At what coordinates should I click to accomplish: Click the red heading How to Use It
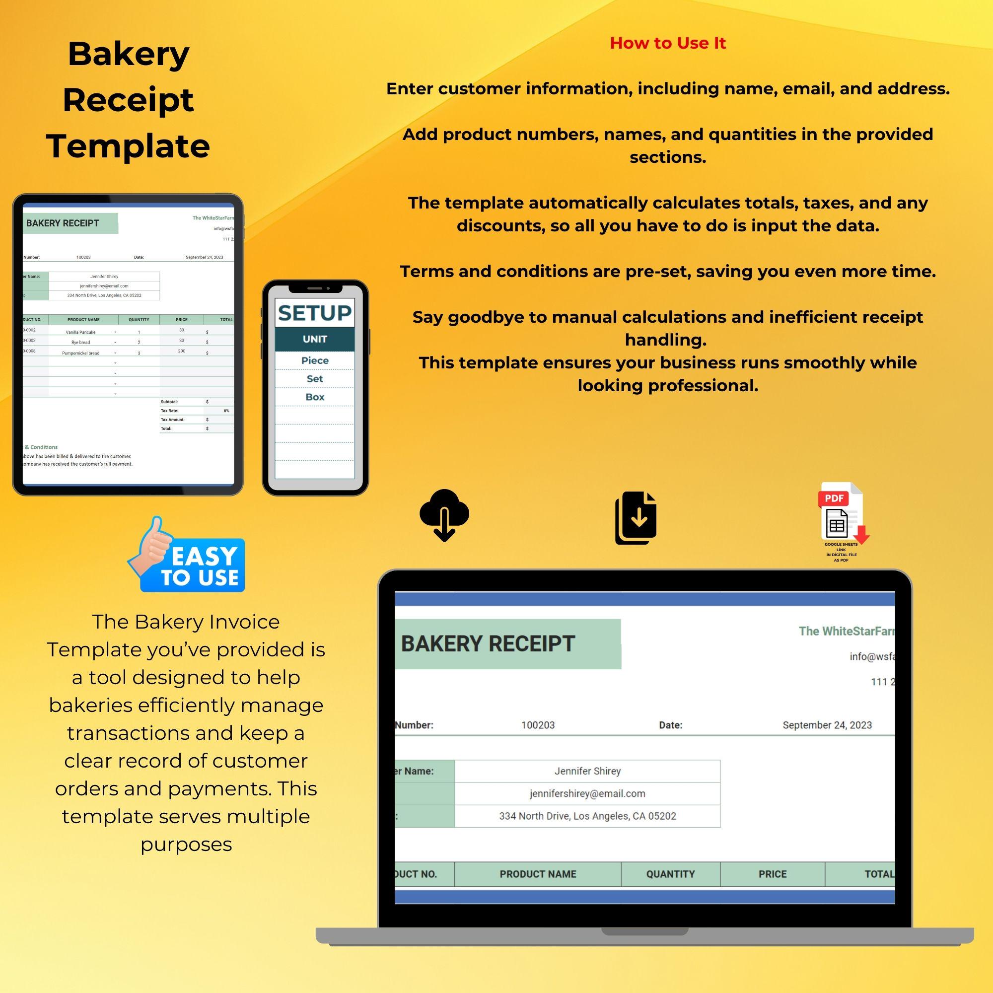(667, 43)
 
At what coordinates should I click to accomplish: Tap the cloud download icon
(444, 514)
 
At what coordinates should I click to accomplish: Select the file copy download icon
(636, 517)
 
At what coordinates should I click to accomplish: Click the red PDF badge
(834, 498)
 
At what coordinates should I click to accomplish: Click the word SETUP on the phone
(315, 313)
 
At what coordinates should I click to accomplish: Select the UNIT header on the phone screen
(315, 339)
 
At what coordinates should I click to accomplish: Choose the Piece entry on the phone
(315, 361)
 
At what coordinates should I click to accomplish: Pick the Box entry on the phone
(315, 397)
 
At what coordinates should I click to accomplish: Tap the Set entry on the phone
(315, 379)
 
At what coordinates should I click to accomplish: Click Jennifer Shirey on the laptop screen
(587, 771)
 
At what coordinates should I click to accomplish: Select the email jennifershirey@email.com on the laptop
(587, 793)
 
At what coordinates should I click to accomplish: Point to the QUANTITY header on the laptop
(670, 874)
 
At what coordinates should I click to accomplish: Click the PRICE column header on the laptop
(772, 874)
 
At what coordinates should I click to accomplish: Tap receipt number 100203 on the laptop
(538, 725)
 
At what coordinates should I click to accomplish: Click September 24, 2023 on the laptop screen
(827, 725)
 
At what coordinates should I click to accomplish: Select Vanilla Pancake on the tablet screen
(81, 332)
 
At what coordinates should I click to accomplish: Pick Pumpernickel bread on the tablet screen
(81, 353)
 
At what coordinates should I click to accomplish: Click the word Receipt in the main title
(128, 100)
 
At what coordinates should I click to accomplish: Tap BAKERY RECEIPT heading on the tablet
(63, 223)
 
